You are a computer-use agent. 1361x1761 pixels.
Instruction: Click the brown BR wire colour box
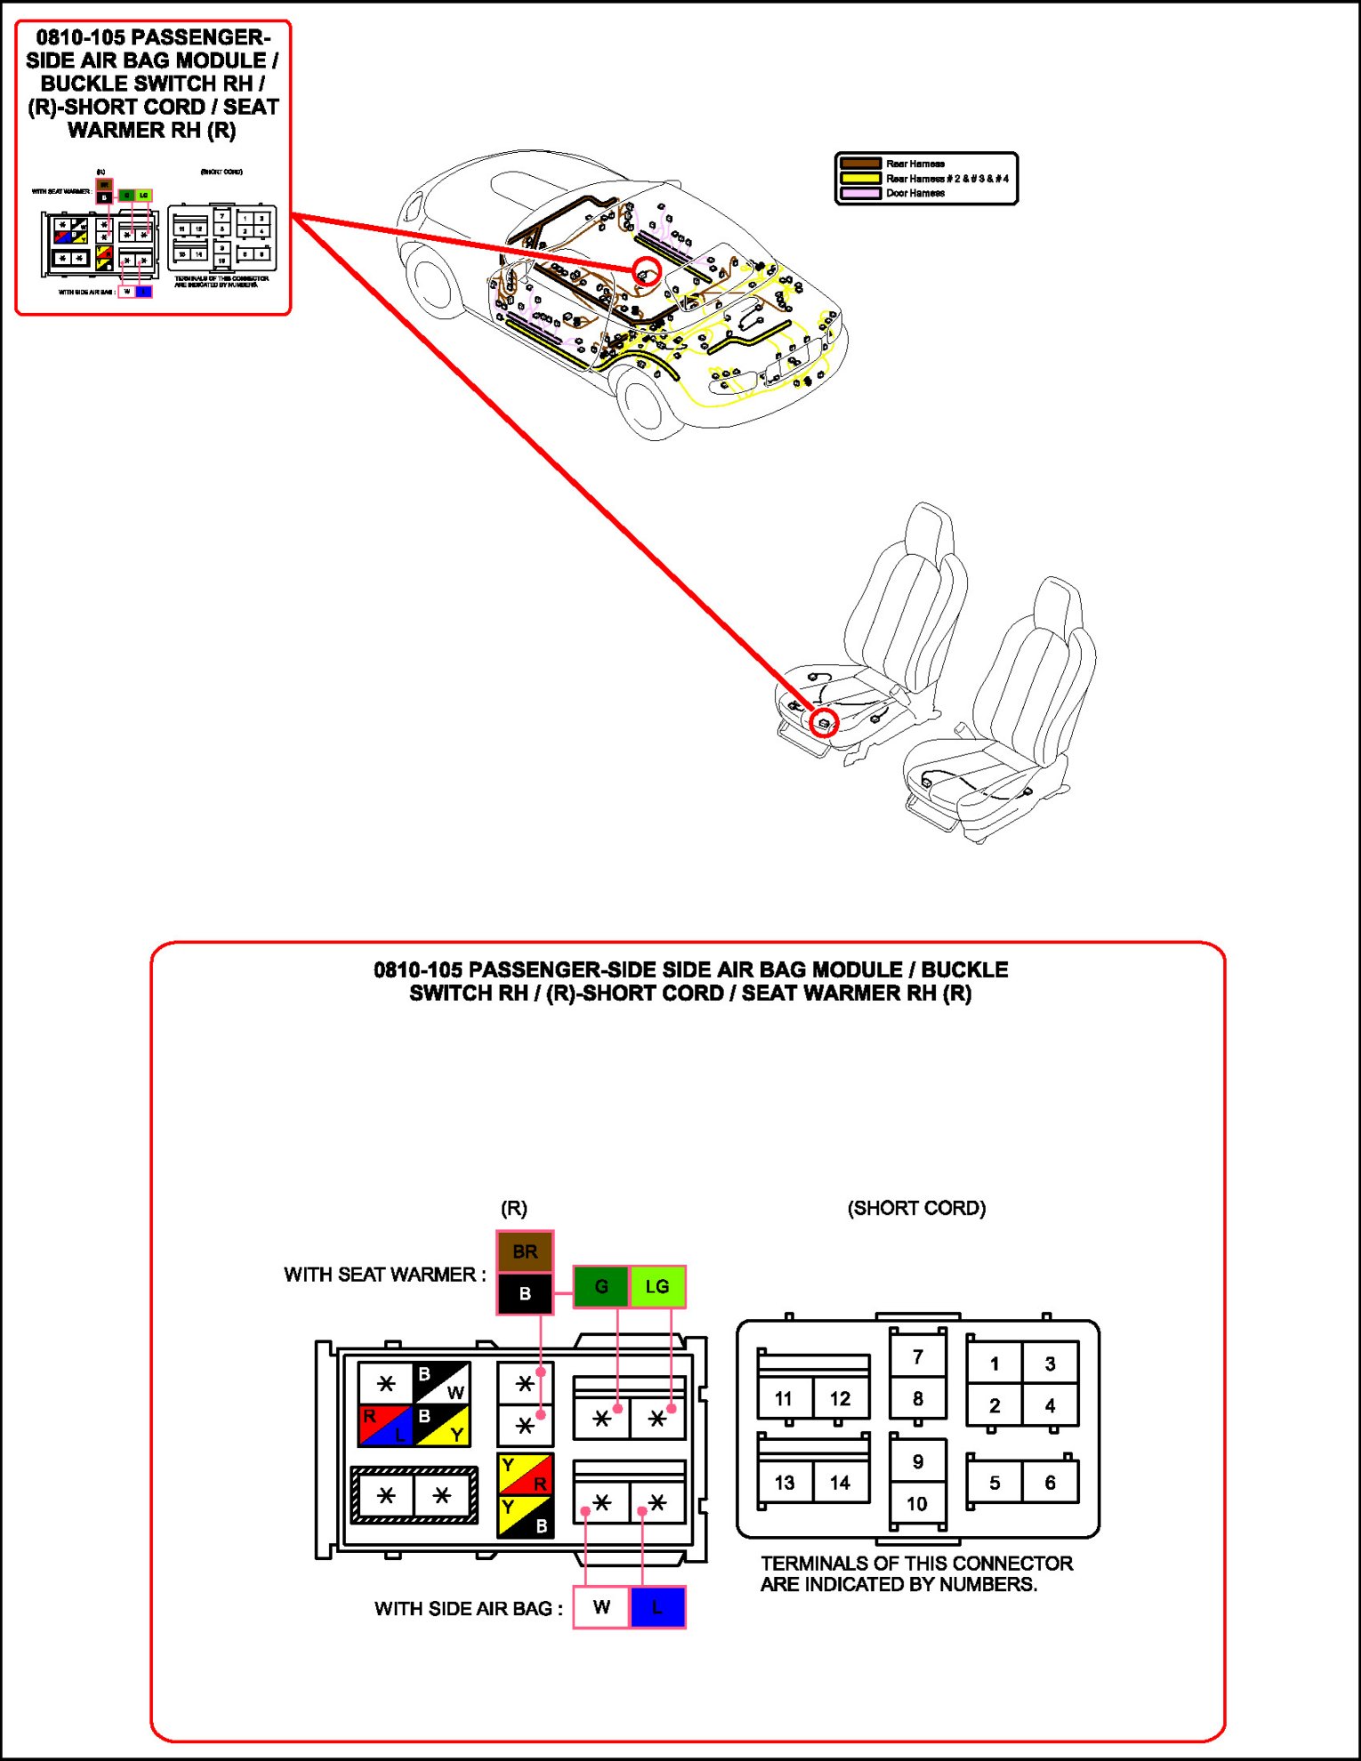[525, 1251]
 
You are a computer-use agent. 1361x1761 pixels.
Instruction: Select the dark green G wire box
[601, 1286]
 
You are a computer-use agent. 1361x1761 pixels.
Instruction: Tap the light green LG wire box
[657, 1286]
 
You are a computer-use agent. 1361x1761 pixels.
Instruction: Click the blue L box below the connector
[657, 1607]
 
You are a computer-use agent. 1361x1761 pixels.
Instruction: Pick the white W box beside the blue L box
[601, 1607]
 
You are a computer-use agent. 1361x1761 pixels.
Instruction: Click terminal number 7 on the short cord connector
[918, 1356]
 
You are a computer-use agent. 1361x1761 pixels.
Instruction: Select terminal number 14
[840, 1483]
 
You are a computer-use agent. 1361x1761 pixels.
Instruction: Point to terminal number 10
[917, 1504]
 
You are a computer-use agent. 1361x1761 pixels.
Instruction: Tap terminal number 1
[995, 1363]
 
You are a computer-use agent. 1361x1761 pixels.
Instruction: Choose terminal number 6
[1051, 1483]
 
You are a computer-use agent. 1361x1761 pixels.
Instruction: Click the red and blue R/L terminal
[385, 1425]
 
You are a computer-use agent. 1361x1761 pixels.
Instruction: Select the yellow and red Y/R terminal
[525, 1474]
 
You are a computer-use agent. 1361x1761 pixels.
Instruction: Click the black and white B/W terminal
[441, 1383]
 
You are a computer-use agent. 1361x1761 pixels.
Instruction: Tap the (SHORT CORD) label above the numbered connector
[916, 1208]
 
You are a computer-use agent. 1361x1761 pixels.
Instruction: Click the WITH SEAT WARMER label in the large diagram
[384, 1275]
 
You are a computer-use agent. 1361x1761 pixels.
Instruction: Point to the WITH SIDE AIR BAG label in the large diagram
[468, 1608]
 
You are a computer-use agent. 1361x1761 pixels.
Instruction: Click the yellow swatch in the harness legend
[860, 178]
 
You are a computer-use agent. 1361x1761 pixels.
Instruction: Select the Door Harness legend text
[914, 193]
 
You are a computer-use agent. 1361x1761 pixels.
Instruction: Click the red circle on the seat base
[825, 723]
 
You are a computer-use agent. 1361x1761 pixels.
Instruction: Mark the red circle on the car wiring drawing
[647, 272]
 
